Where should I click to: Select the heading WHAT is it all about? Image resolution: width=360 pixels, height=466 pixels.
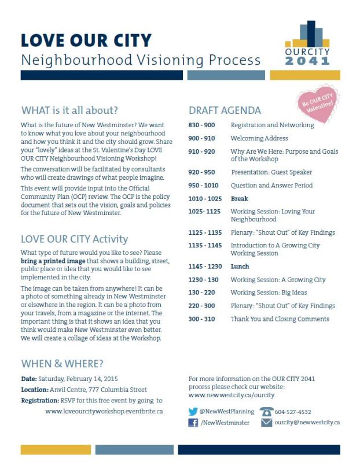69,110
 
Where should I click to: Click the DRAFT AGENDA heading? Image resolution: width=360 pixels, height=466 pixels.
225,110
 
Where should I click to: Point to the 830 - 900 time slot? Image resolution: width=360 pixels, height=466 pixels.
201,125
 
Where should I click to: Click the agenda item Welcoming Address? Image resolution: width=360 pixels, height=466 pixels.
259,139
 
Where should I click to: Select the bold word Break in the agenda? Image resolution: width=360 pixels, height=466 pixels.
240,199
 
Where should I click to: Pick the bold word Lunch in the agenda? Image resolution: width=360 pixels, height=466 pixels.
240,267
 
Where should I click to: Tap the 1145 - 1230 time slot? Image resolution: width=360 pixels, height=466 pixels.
204,267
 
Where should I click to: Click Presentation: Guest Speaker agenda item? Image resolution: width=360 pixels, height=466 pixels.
271,172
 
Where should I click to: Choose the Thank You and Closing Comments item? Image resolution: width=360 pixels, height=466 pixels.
280,319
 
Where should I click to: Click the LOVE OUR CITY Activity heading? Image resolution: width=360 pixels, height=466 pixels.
75,239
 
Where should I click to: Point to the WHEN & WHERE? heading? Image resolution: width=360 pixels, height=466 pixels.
63,364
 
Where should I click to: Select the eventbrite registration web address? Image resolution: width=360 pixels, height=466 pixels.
104,411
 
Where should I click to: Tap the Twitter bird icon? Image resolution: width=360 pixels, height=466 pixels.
194,412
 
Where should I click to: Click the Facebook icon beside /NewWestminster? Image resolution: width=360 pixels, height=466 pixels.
194,423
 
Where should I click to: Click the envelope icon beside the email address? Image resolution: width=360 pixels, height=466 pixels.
266,423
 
